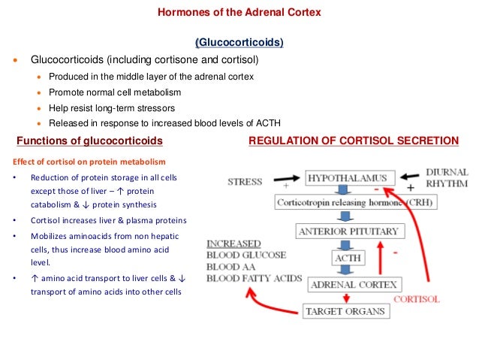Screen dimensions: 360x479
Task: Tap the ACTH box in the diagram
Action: pyautogui.click(x=348, y=258)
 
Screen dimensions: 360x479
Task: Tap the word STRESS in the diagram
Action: pyautogui.click(x=244, y=182)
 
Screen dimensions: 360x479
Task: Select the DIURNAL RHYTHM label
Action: pyautogui.click(x=447, y=177)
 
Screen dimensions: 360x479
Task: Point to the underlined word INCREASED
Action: pyautogui.click(x=233, y=244)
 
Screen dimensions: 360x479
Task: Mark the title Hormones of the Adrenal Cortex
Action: pyautogui.click(x=239, y=13)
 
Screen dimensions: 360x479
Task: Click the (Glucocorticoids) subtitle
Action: pyautogui.click(x=239, y=43)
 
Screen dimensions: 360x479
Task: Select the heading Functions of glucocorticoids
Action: pyautogui.click(x=90, y=141)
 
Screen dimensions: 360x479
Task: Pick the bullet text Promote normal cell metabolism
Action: pyautogui.click(x=114, y=92)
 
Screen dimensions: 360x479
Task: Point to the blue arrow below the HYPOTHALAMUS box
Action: pyautogui.click(x=342, y=190)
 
